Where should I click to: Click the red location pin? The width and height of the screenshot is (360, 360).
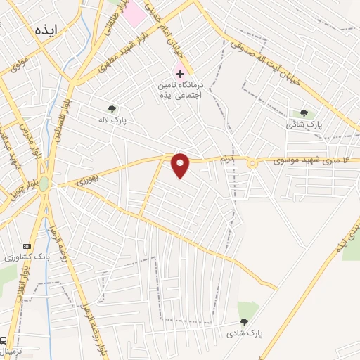pyautogui.click(x=181, y=165)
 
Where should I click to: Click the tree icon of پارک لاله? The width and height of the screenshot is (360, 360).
pyautogui.click(x=112, y=108)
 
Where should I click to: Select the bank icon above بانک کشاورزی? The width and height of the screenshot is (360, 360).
pyautogui.click(x=27, y=246)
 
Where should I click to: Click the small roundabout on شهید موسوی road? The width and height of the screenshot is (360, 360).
pyautogui.click(x=251, y=163)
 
